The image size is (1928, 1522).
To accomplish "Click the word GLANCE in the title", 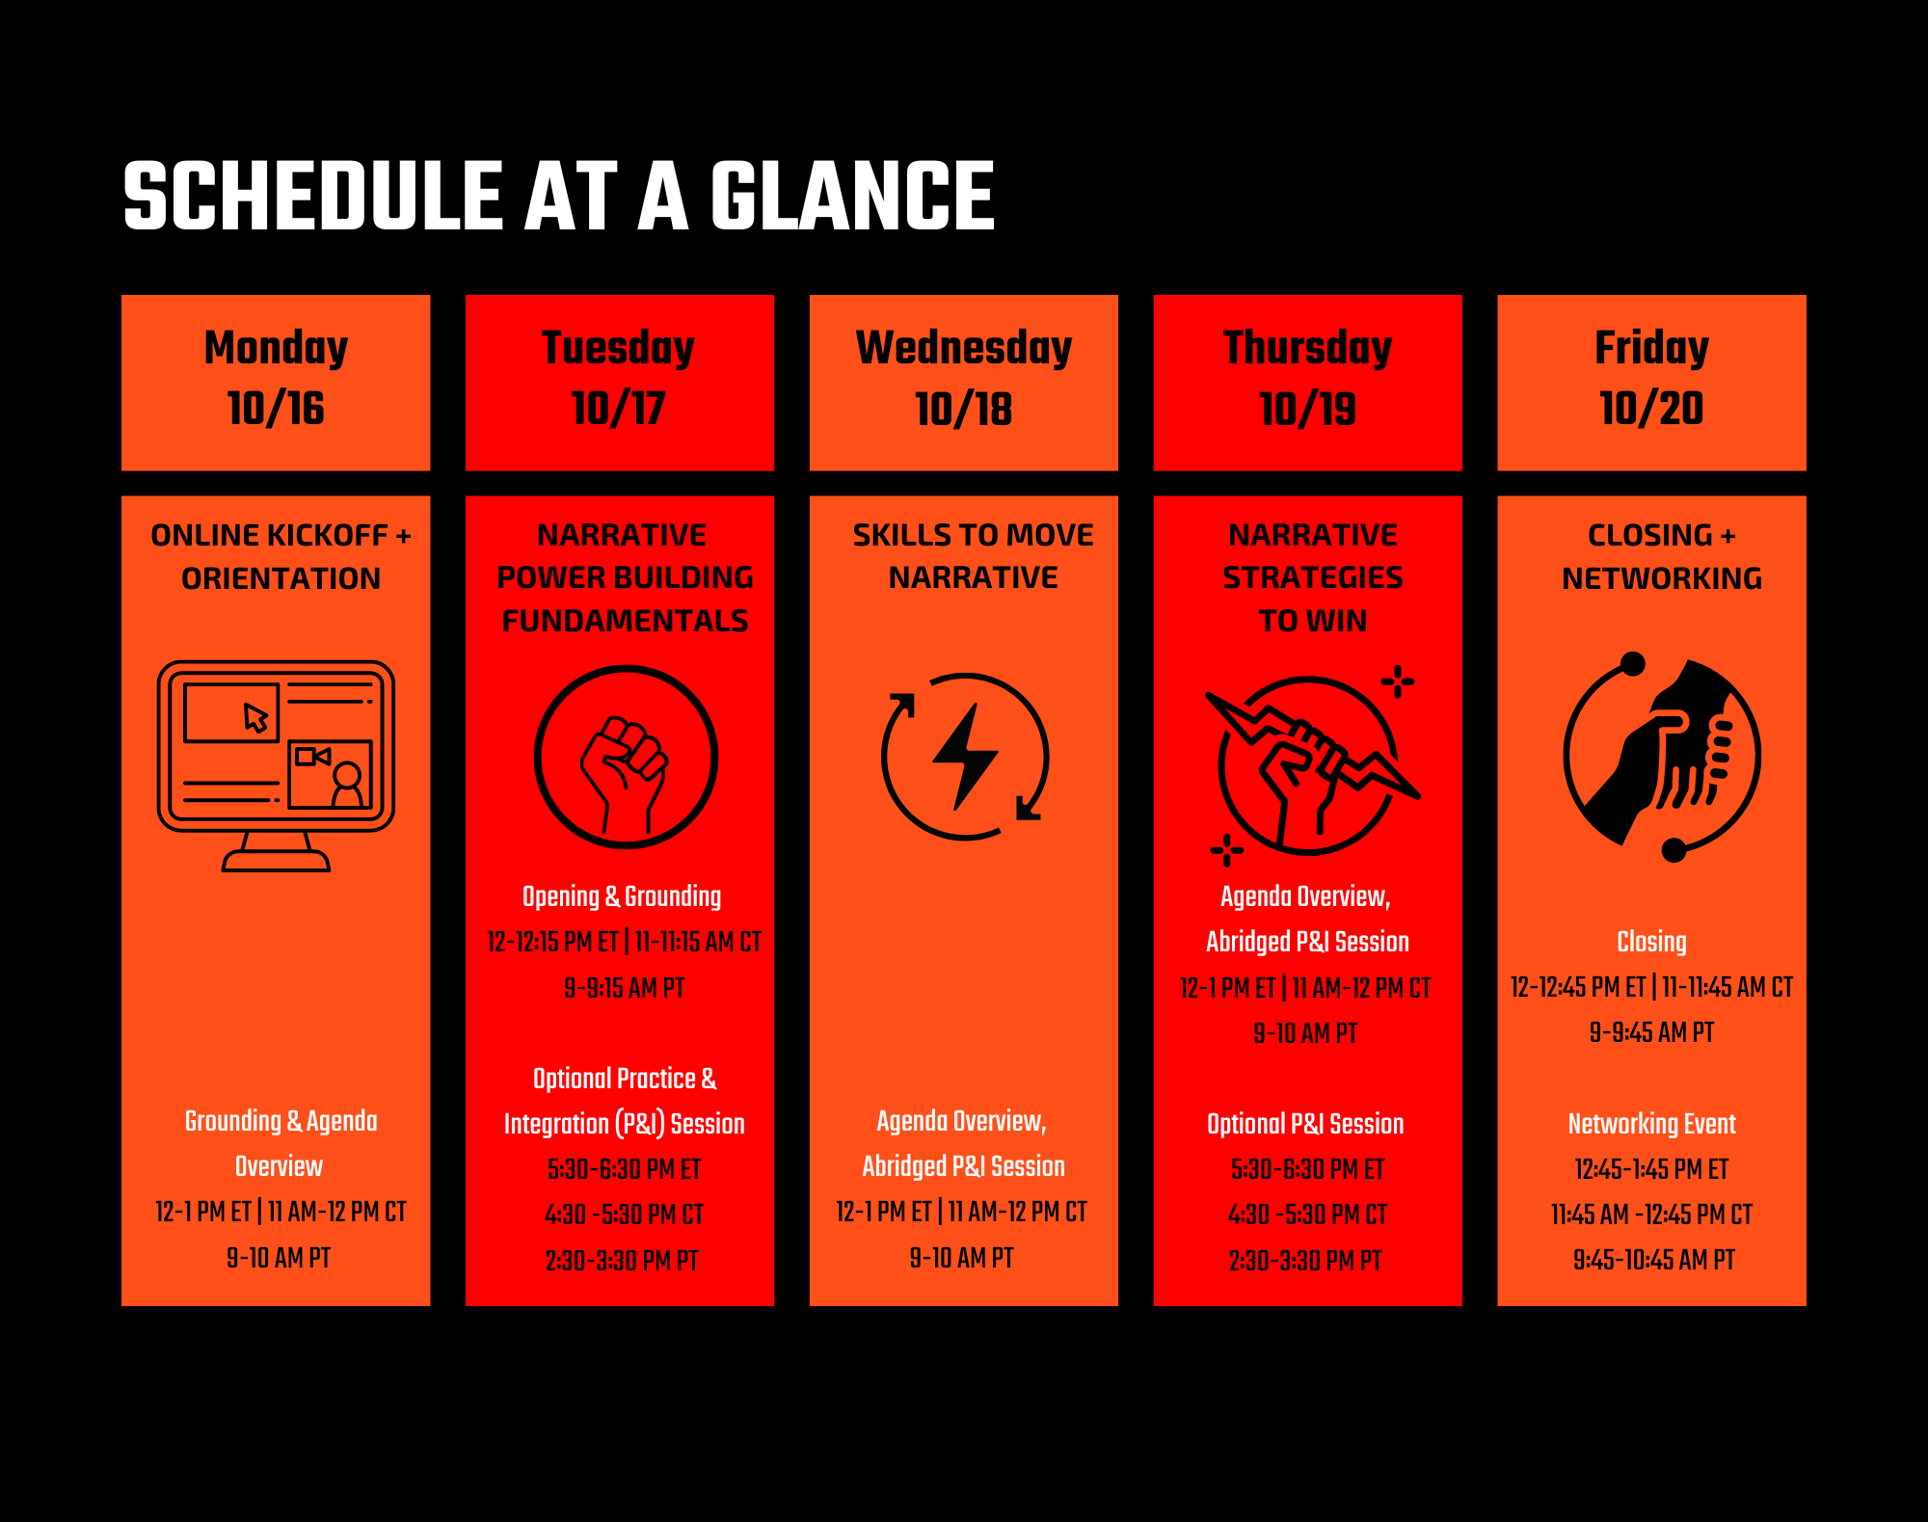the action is point(852,196).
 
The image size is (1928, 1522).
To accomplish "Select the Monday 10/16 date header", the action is point(276,383).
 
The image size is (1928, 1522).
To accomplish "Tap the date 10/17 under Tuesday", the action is point(618,409).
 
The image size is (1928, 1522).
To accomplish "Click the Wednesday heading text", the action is point(964,349).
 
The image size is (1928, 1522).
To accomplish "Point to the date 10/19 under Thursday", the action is point(1307,409).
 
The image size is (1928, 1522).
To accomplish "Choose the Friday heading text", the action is point(1651,348).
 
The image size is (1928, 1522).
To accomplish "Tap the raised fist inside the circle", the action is point(624,775).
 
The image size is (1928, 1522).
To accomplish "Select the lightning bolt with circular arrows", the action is point(965,757).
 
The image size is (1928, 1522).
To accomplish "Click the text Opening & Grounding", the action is point(622,896).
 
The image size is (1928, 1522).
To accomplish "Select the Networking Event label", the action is point(1651,1124).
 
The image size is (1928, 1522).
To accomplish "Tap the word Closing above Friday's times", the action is point(1651,942).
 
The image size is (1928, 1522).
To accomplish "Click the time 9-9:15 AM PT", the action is point(624,988).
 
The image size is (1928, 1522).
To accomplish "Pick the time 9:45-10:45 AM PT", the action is point(1653,1260).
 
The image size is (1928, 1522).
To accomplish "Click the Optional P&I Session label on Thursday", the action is point(1305,1124).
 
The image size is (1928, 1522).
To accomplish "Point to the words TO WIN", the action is point(1313,621).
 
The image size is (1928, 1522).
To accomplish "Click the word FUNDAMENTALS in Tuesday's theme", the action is point(625,621).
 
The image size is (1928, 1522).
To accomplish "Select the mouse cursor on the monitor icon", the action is point(255,717).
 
